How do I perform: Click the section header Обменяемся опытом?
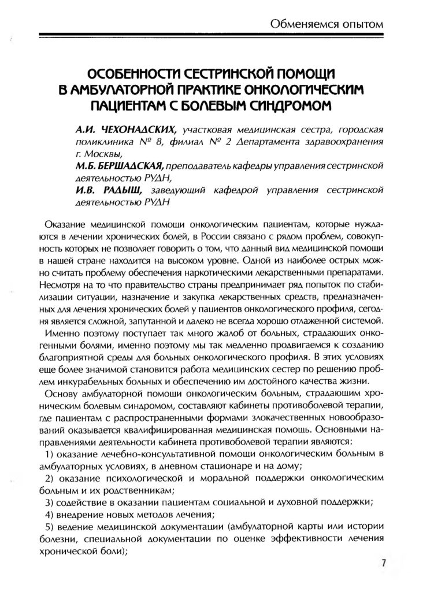[x=326, y=24]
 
